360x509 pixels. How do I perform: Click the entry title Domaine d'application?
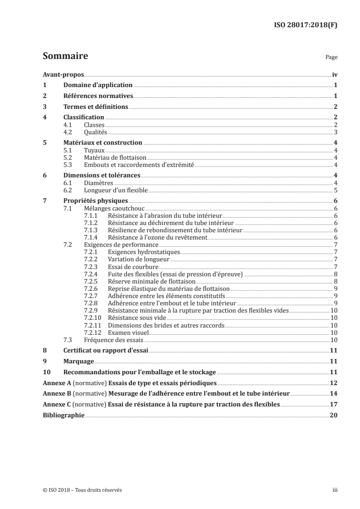click(x=98, y=85)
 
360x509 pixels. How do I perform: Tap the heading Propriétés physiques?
click(x=95, y=200)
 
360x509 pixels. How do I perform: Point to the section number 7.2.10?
click(x=94, y=318)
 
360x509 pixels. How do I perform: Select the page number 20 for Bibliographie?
click(x=333, y=415)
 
